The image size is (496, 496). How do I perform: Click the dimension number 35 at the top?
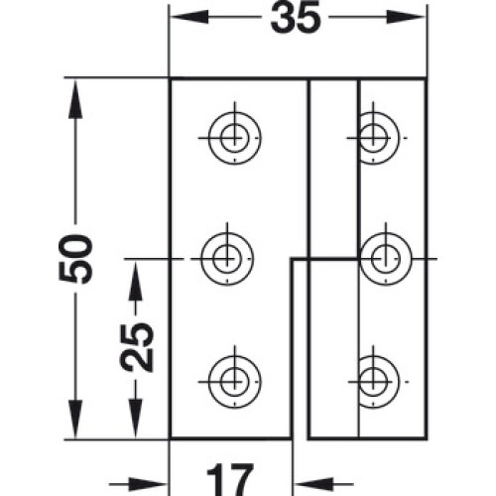pyautogui.click(x=296, y=18)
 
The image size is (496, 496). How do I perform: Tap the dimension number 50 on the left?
pyautogui.click(x=75, y=259)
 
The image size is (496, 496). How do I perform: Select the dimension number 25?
pyautogui.click(x=136, y=347)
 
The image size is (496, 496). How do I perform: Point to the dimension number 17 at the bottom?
pyautogui.click(x=230, y=480)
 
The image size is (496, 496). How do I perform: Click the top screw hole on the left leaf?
pyautogui.click(x=235, y=138)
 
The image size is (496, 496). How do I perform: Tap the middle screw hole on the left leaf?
pyautogui.click(x=227, y=259)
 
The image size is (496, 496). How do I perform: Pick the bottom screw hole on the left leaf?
pyautogui.click(x=235, y=382)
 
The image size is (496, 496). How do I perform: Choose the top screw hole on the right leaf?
pyautogui.click(x=374, y=138)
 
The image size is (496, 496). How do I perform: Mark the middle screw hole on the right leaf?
pyautogui.click(x=386, y=259)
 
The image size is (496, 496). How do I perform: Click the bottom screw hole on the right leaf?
pyautogui.click(x=374, y=382)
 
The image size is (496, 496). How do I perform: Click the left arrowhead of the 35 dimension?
pyautogui.click(x=189, y=17)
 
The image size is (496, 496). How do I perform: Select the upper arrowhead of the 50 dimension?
pyautogui.click(x=75, y=98)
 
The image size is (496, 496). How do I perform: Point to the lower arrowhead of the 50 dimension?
pyautogui.click(x=75, y=419)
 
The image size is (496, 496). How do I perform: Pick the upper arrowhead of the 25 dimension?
pyautogui.click(x=136, y=280)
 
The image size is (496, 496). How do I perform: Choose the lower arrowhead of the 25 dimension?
pyautogui.click(x=136, y=419)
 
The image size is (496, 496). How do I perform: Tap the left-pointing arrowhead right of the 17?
pyautogui.click(x=313, y=484)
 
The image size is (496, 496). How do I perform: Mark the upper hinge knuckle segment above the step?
pyautogui.click(x=333, y=169)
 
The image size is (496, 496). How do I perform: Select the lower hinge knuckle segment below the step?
pyautogui.click(x=333, y=349)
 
